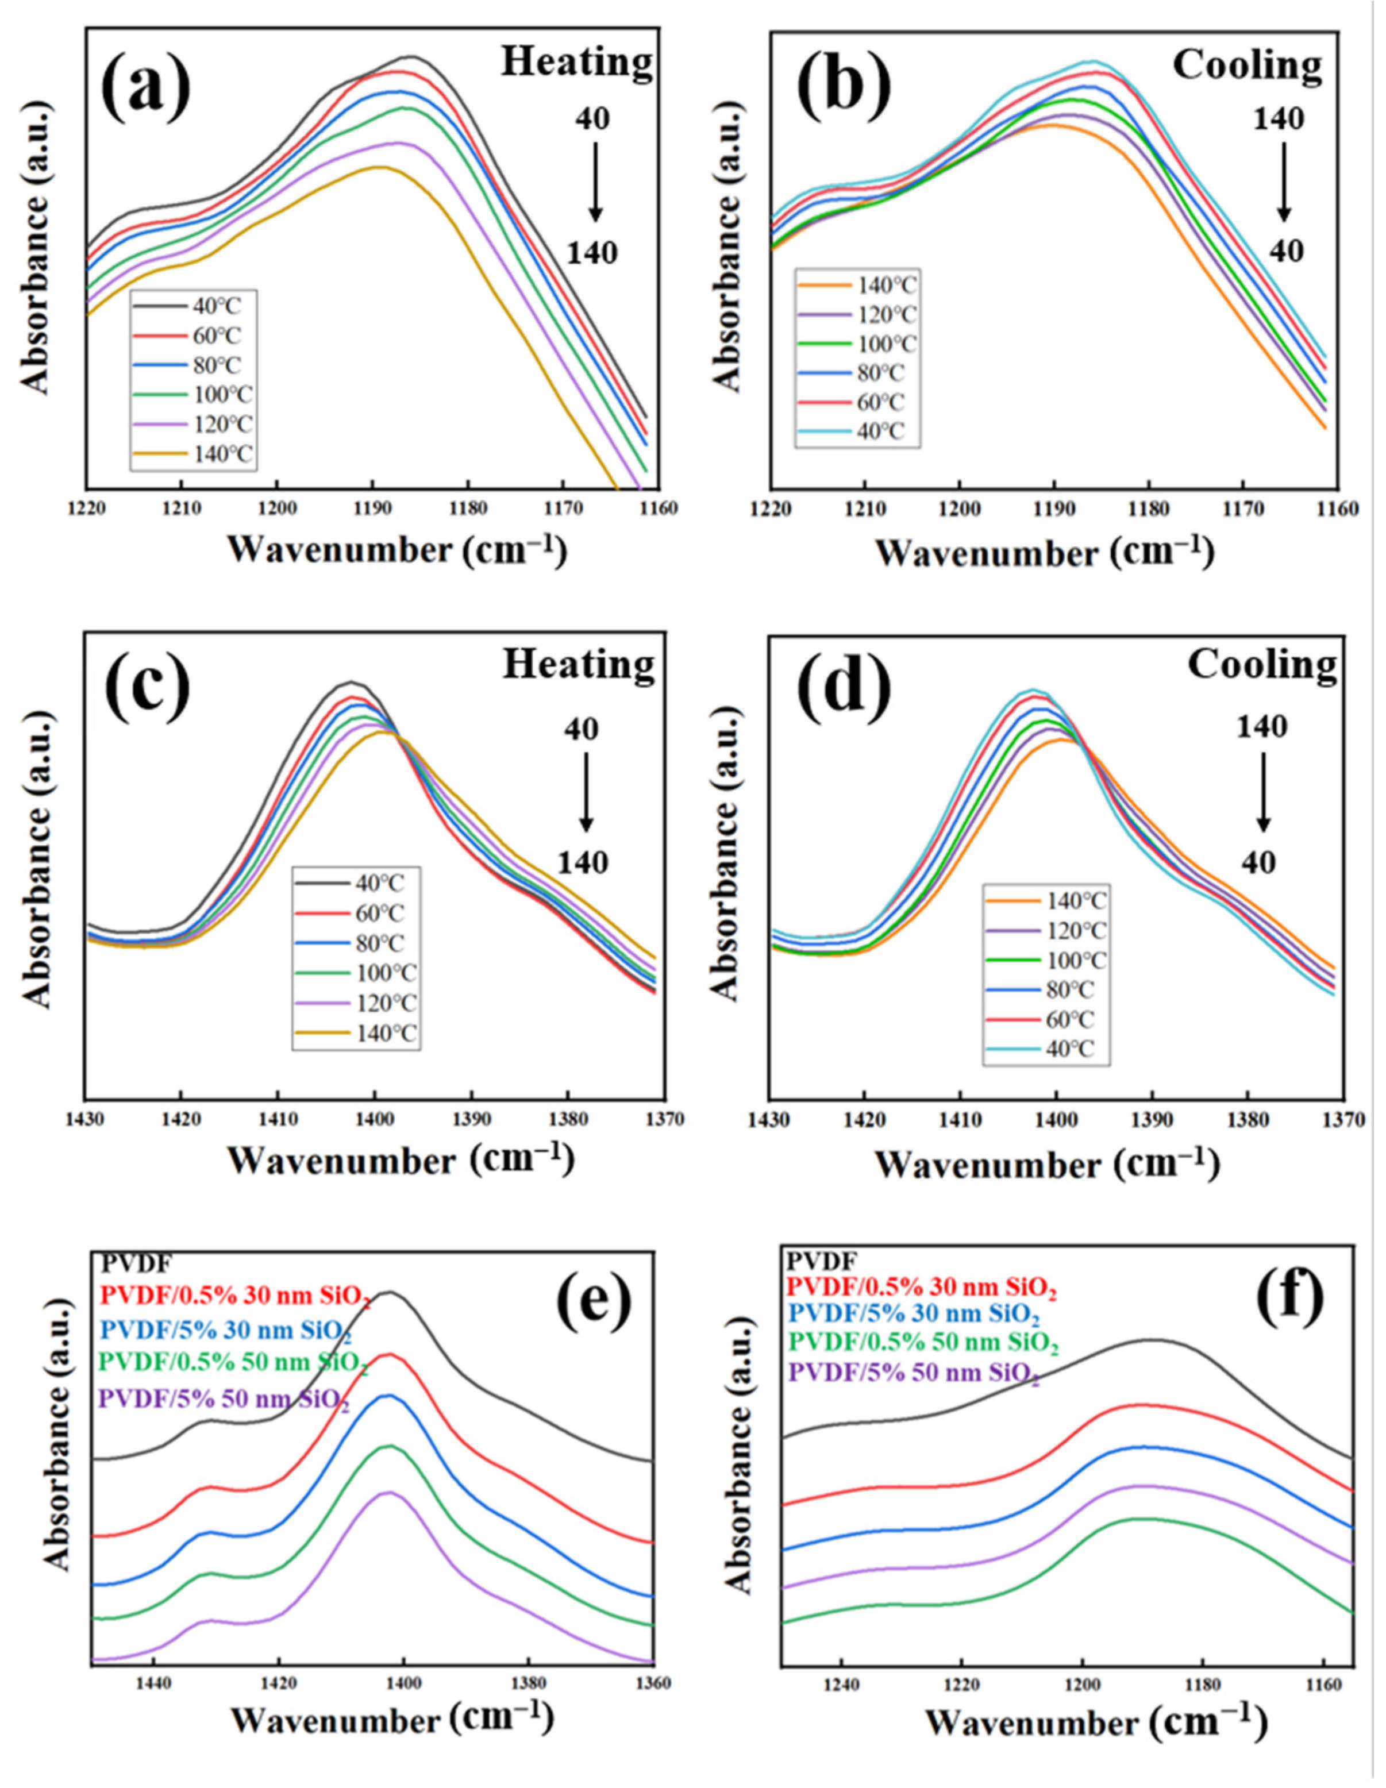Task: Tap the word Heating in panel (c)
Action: pyautogui.click(x=578, y=665)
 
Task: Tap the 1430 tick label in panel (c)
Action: pyautogui.click(x=84, y=1118)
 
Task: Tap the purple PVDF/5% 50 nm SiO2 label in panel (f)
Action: pyautogui.click(x=914, y=1373)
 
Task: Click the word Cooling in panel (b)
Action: pyautogui.click(x=1247, y=65)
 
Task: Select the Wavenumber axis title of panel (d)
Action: pyautogui.click(x=1046, y=1164)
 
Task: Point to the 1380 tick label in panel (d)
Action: pyautogui.click(x=1248, y=1118)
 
